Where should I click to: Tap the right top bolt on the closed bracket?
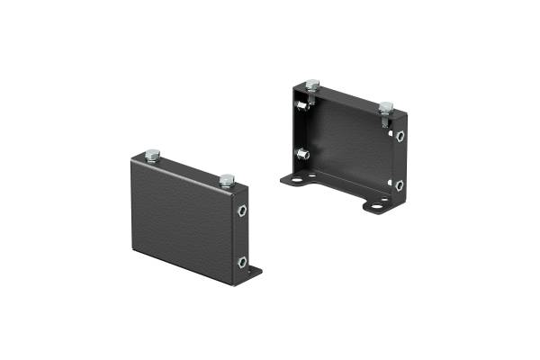[x=227, y=178]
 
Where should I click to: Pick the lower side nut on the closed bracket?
[x=243, y=262]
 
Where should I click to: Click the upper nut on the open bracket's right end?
[x=399, y=136]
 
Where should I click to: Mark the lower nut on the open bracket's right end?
[x=399, y=184]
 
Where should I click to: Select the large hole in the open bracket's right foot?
[x=372, y=206]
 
